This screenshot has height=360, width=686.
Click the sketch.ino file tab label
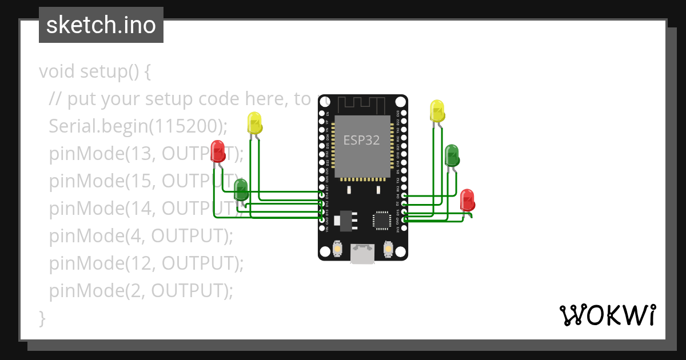click(101, 25)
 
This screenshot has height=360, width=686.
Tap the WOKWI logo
click(607, 315)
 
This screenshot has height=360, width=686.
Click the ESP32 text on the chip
click(361, 140)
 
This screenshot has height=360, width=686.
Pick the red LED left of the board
click(218, 151)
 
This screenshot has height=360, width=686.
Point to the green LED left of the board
click(241, 189)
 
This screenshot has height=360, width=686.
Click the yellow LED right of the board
click(437, 111)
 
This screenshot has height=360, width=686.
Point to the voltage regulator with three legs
click(346, 220)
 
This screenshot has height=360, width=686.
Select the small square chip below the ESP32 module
click(381, 221)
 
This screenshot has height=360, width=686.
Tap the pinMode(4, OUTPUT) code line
click(141, 235)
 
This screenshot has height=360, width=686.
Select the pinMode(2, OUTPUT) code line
click(141, 290)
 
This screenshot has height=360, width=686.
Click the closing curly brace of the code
click(42, 317)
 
